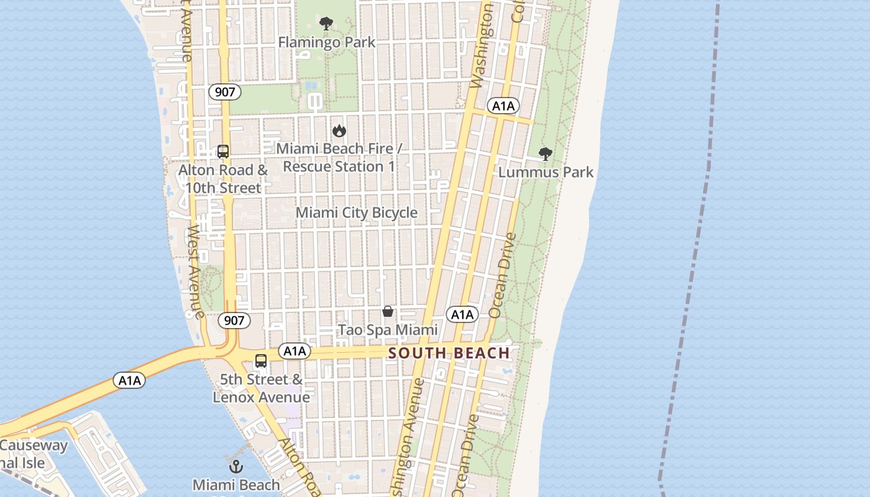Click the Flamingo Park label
click(326, 42)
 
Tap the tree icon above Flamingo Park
click(326, 24)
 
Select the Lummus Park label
click(546, 172)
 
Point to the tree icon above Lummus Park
click(545, 153)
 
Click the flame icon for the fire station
click(339, 130)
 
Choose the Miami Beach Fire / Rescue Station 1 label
click(339, 158)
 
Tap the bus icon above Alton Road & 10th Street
click(222, 152)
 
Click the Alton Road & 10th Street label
click(222, 179)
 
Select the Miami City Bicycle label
click(357, 212)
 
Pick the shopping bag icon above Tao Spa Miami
click(388, 311)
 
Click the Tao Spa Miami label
click(388, 330)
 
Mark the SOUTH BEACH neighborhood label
click(449, 353)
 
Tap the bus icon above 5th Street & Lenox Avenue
click(261, 361)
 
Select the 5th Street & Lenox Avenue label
click(261, 388)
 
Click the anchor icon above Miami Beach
click(236, 467)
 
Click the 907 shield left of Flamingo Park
click(224, 93)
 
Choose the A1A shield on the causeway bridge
click(129, 380)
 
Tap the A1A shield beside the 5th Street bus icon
click(295, 351)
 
